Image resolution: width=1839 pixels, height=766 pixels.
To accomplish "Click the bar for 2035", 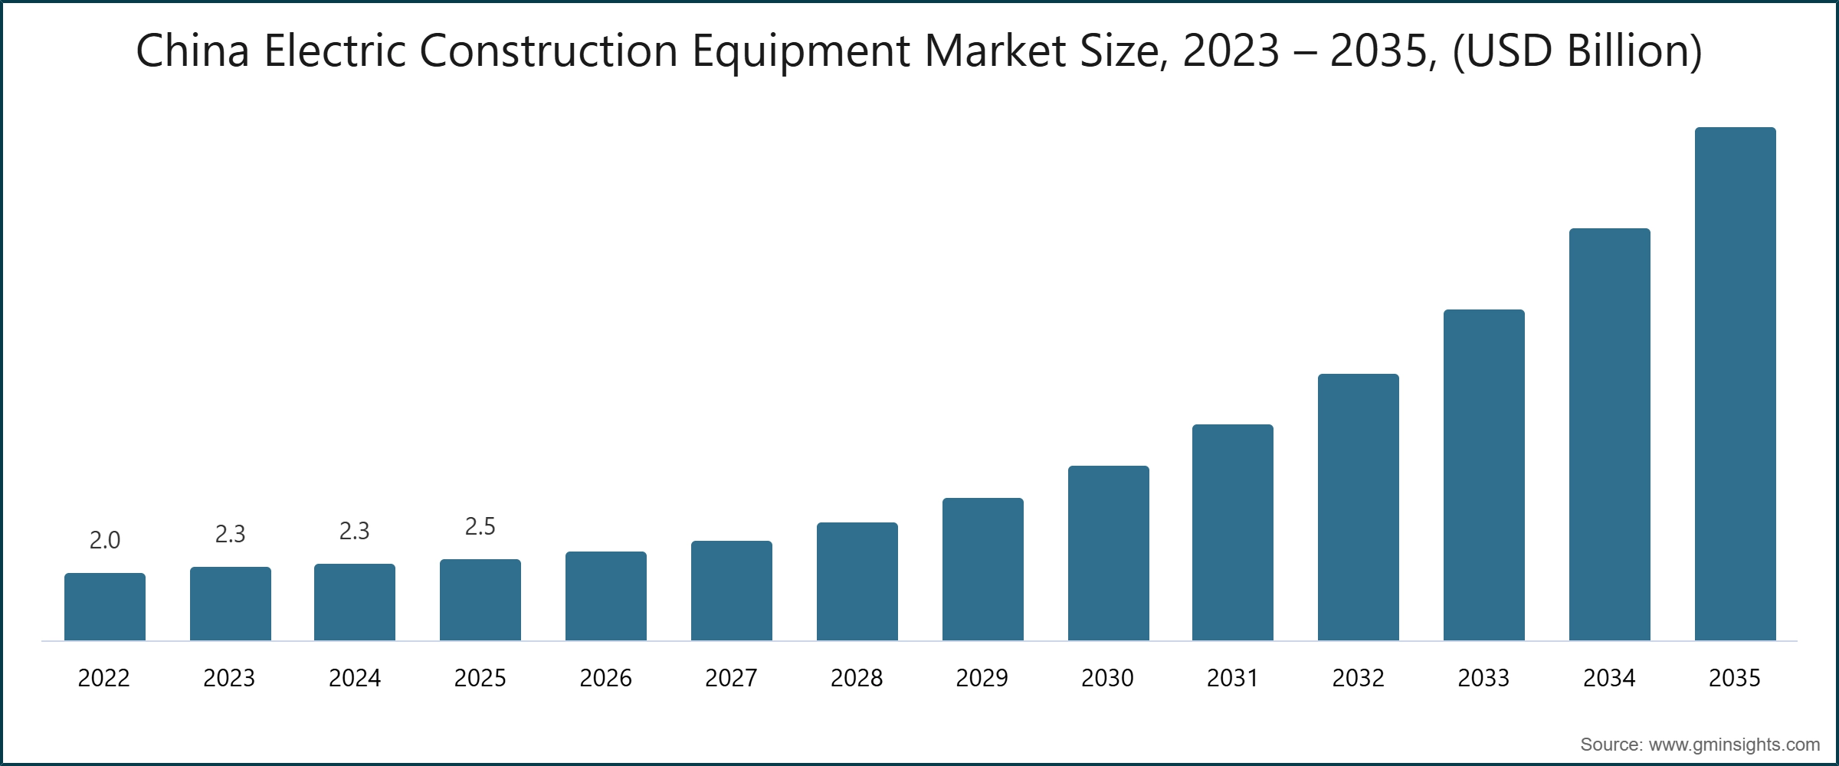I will click(1735, 383).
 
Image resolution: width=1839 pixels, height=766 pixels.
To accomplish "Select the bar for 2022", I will click(105, 607).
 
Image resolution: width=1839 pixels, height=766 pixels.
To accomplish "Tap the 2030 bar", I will click(1108, 553).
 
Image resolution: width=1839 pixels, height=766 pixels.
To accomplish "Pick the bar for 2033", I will click(1483, 475).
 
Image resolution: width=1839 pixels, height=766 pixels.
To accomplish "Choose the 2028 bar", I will click(857, 581).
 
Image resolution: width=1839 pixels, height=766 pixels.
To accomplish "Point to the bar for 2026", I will click(605, 596).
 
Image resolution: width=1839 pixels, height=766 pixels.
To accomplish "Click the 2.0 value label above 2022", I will click(105, 541).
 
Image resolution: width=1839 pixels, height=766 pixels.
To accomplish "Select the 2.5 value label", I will click(480, 527).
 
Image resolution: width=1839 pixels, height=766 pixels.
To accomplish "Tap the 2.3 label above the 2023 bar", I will click(230, 535).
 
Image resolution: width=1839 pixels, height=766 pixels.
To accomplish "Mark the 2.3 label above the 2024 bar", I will click(355, 532).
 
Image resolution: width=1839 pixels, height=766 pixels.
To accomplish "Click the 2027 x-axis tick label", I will click(731, 678).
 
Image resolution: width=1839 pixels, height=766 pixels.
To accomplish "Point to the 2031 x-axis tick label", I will click(1233, 678).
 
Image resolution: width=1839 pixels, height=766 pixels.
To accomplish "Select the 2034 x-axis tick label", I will click(1609, 678).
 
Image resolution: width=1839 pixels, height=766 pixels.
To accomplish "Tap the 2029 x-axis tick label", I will click(982, 678).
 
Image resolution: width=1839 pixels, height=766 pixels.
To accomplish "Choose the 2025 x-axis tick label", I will click(480, 678).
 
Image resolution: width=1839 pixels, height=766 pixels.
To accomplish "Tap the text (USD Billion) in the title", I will click(1577, 52).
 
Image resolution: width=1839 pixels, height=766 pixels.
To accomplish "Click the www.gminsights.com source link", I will click(1734, 745).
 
